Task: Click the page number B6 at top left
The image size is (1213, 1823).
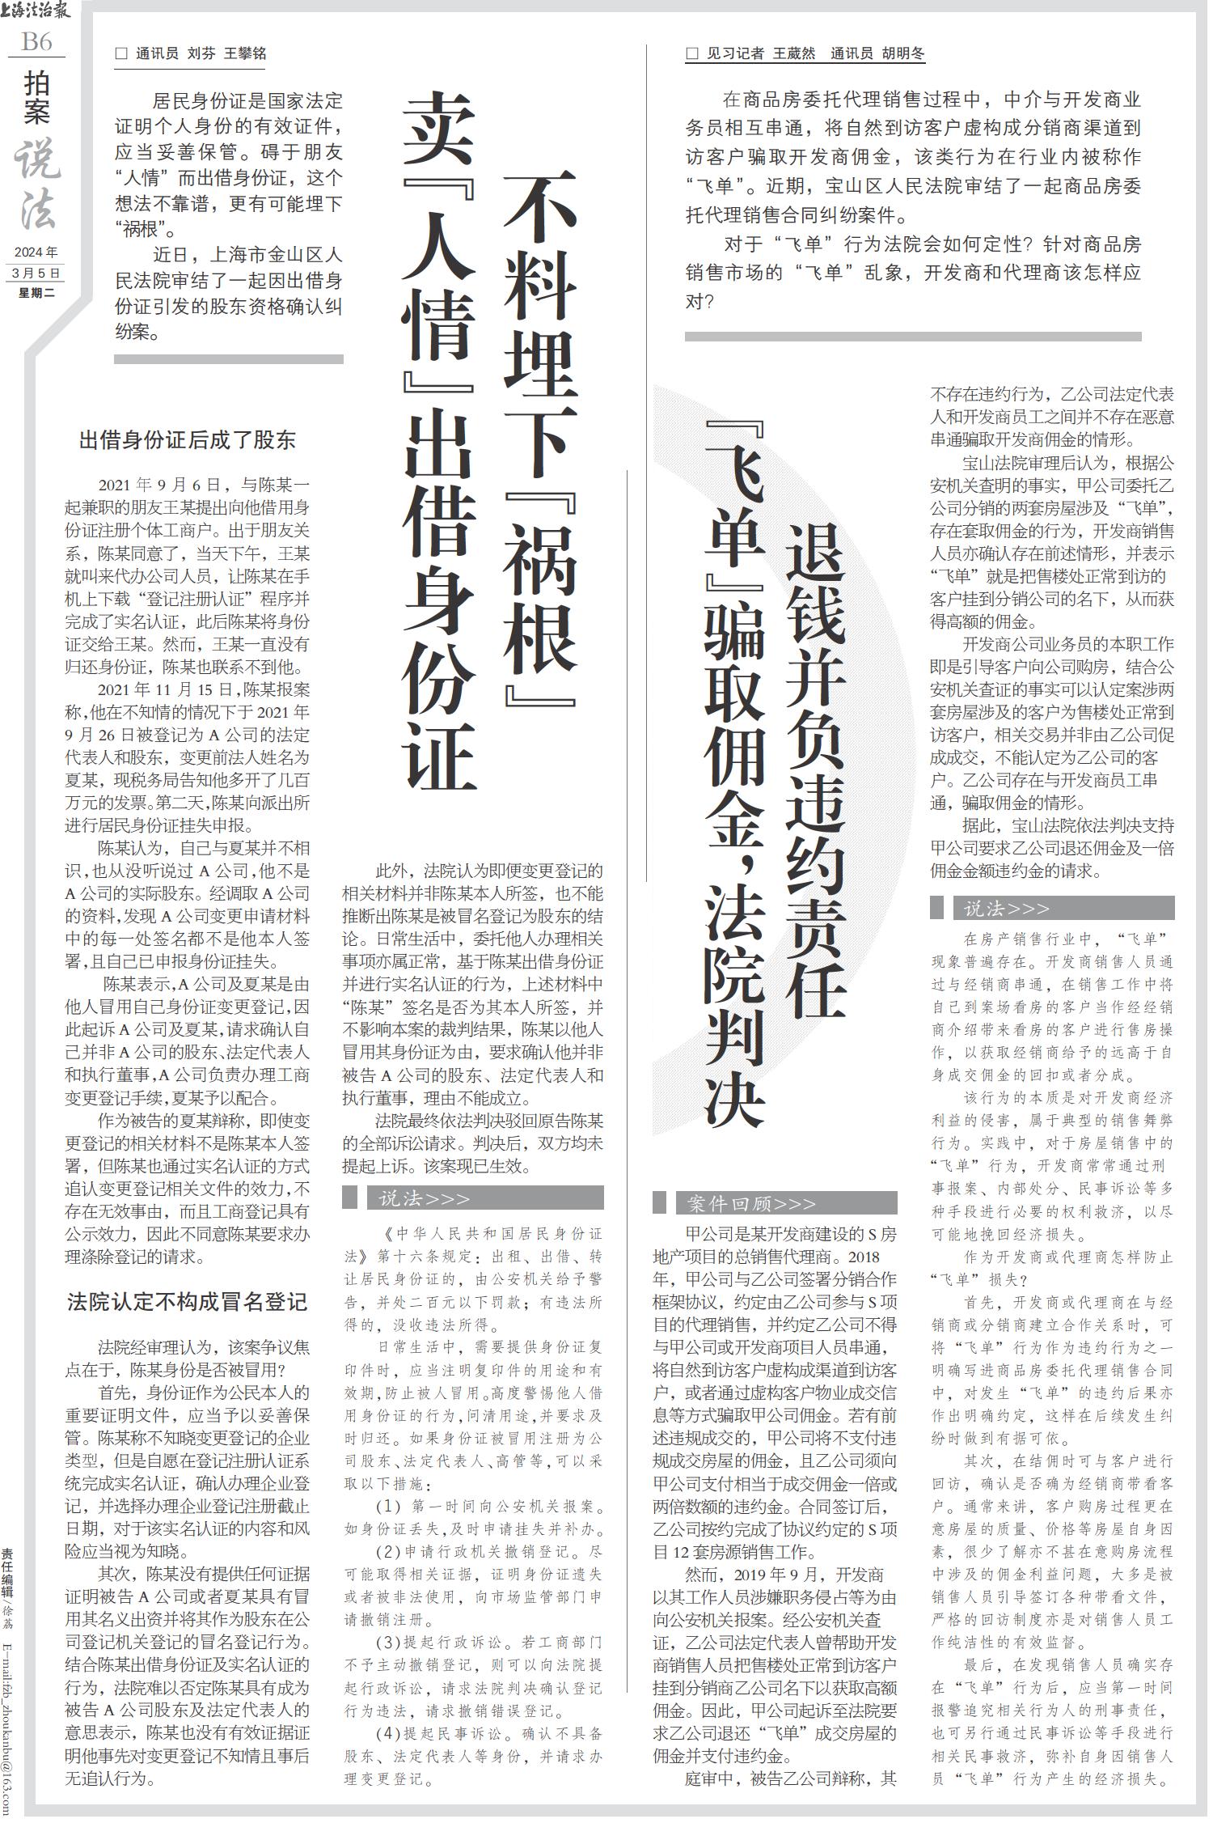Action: point(36,41)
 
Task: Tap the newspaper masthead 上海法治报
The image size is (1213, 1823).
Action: point(36,11)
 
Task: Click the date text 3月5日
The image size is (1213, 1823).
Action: point(36,273)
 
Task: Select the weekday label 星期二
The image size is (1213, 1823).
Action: point(36,293)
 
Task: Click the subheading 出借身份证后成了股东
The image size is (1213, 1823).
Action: point(187,441)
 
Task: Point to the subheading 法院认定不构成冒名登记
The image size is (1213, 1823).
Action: point(187,1302)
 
